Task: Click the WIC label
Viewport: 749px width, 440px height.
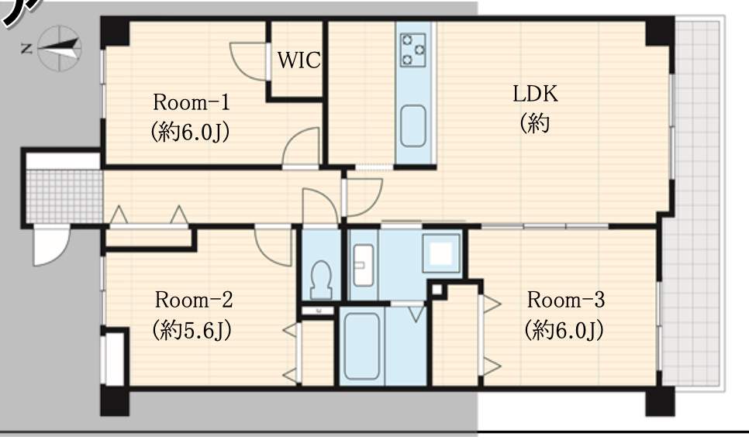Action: point(299,60)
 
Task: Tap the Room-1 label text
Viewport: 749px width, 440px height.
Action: point(191,102)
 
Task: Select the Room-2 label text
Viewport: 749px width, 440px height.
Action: point(194,300)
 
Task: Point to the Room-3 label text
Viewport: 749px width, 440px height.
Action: point(565,300)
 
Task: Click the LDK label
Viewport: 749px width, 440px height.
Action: point(535,94)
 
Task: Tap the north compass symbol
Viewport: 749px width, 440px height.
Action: point(59,48)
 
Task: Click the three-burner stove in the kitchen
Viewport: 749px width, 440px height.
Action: point(413,50)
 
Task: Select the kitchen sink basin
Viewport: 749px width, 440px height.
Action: point(413,126)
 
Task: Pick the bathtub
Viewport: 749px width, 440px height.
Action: point(361,346)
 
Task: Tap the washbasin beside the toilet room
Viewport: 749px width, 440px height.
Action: point(364,265)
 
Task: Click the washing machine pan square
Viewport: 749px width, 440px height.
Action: point(441,253)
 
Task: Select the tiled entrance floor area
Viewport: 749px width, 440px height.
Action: point(64,197)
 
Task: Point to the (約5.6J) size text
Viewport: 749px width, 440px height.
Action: point(192,330)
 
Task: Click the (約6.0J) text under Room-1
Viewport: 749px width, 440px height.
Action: point(191,132)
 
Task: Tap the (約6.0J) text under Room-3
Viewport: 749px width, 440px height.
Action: point(564,330)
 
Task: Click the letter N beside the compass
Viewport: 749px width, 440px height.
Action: point(26,48)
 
